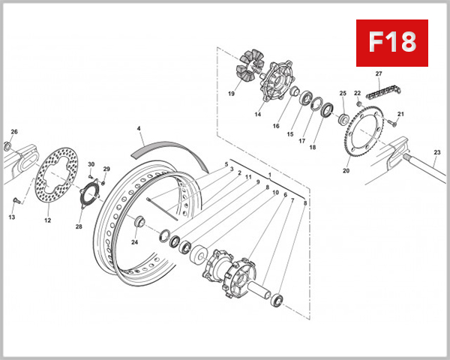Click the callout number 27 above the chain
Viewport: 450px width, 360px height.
coord(379,73)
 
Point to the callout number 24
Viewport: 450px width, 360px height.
coord(135,242)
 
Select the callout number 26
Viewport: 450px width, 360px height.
coord(13,132)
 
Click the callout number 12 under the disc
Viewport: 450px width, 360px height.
coord(47,220)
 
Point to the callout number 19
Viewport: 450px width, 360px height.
coord(230,94)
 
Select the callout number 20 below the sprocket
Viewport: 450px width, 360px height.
coord(346,171)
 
